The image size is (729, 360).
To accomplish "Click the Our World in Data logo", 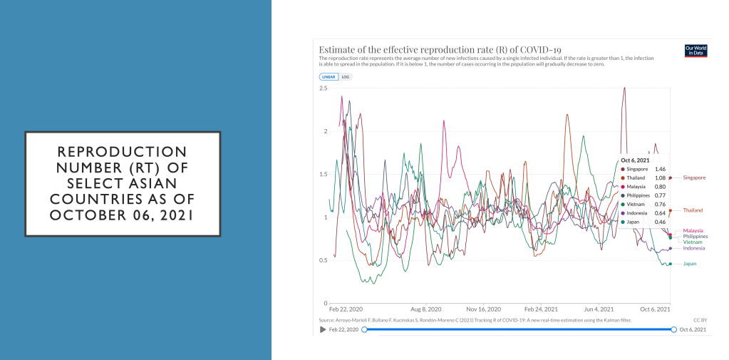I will (695, 51).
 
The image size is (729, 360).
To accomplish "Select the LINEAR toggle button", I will (329, 77).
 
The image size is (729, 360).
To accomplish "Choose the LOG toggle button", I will (346, 77).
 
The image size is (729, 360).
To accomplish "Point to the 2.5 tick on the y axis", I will (323, 88).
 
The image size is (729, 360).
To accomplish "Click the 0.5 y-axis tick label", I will (323, 260).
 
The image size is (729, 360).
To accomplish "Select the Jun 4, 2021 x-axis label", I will (599, 310).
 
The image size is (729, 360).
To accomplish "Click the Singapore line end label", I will (694, 178).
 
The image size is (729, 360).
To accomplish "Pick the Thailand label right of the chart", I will (693, 210).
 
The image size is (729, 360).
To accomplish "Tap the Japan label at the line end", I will (690, 264).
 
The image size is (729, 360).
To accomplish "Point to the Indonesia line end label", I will (694, 248).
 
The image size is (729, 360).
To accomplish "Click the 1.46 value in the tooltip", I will (660, 169).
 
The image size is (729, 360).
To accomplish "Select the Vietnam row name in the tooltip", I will (636, 203).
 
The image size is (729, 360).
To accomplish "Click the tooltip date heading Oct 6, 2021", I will (635, 160).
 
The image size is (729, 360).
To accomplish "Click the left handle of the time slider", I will (365, 329).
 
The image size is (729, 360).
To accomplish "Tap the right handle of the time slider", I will (673, 329).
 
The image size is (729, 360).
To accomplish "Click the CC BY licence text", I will (700, 320).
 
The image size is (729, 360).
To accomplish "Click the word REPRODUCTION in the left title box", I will (122, 152).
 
